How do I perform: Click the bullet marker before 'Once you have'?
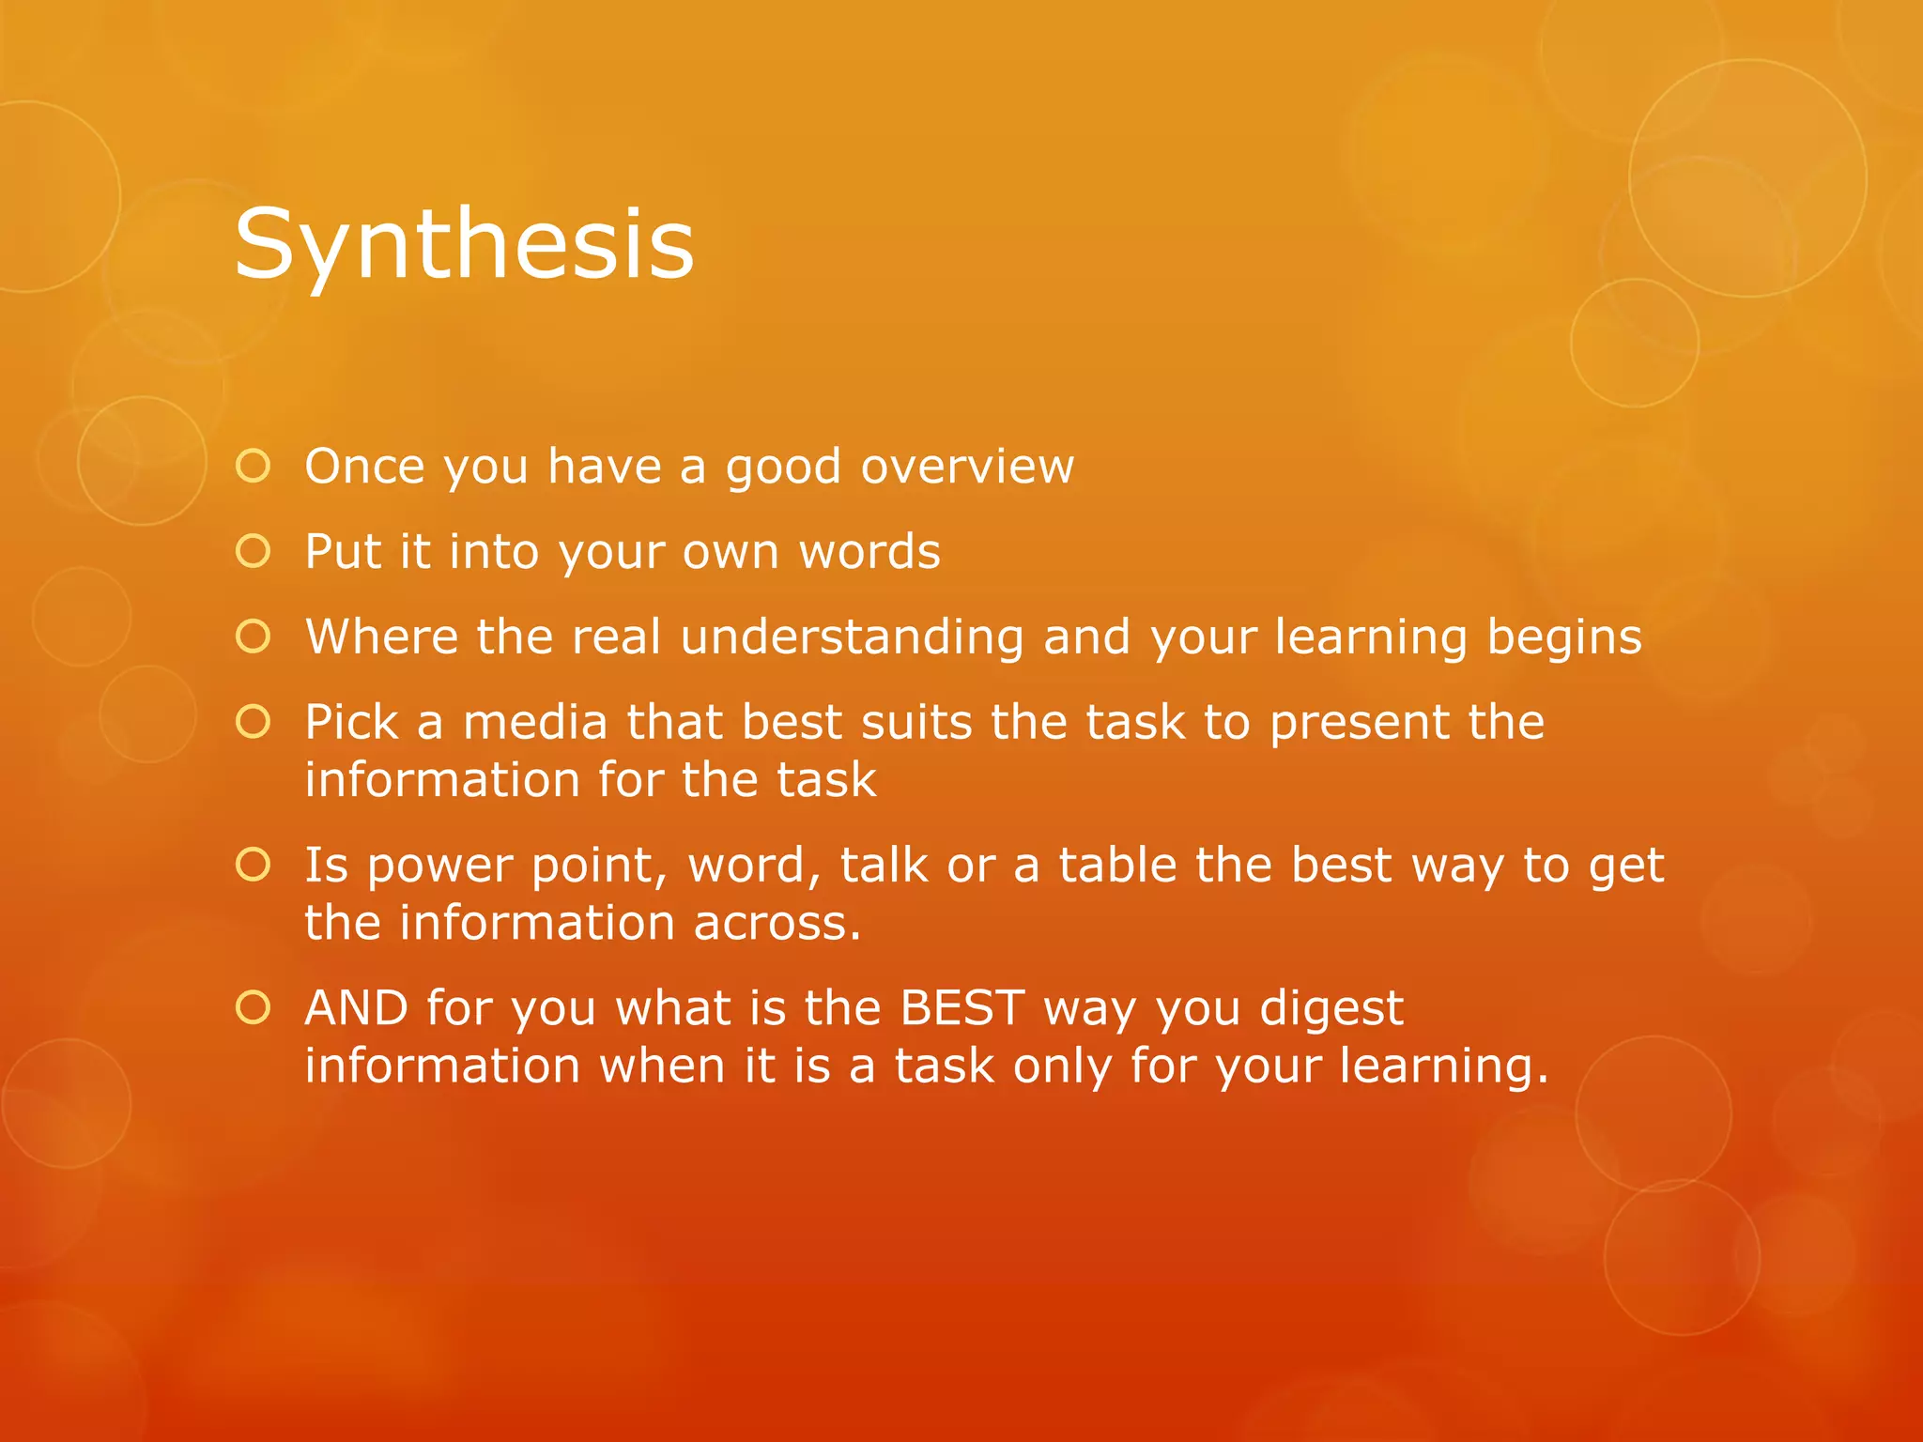pos(254,466)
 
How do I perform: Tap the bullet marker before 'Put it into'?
pos(254,551)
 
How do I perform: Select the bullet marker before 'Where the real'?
pos(254,637)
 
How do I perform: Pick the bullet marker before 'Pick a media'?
pos(254,722)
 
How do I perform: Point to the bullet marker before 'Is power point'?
pos(254,865)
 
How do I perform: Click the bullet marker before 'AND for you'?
pos(254,1007)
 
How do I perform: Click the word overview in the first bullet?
pos(967,467)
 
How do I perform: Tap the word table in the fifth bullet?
pos(1117,866)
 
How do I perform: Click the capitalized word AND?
pos(357,1008)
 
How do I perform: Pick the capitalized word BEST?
pos(961,1008)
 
